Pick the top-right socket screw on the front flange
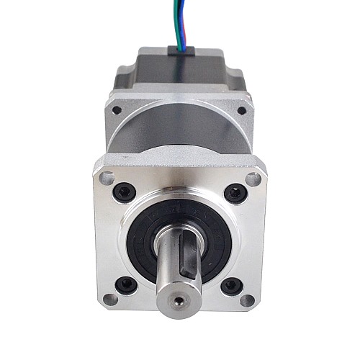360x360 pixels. pyautogui.click(x=235, y=193)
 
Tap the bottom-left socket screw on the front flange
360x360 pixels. pyautogui.click(x=126, y=284)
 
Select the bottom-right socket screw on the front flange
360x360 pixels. pyautogui.click(x=231, y=285)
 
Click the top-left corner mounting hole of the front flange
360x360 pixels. pyautogui.click(x=107, y=177)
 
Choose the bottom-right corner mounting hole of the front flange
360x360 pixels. pyautogui.click(x=248, y=300)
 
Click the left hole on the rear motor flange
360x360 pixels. pyautogui.click(x=117, y=110)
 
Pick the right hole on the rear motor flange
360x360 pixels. pyautogui.click(x=240, y=111)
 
